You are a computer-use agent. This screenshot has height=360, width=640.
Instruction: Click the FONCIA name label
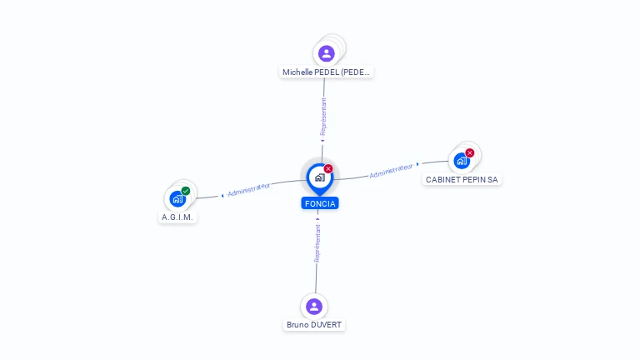coord(320,203)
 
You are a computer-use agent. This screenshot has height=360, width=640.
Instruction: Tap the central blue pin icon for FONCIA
coord(318,177)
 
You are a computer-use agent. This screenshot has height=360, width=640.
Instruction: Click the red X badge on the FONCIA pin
coord(328,168)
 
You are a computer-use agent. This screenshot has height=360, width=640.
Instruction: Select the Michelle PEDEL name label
coord(327,72)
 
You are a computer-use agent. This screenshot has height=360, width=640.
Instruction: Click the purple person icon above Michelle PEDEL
coord(327,53)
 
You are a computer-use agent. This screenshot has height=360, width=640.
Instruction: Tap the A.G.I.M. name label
coord(177,217)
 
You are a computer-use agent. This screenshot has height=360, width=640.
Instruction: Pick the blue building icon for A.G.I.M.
coord(177,198)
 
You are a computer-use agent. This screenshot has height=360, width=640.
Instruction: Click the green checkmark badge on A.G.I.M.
coord(186,191)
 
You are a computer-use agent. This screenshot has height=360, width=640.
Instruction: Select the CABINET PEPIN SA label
coord(462,179)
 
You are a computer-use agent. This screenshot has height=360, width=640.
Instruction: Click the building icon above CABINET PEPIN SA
coord(461,160)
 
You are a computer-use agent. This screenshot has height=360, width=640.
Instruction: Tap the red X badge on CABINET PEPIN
coord(470,152)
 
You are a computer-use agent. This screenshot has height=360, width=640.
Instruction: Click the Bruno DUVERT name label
coord(314,325)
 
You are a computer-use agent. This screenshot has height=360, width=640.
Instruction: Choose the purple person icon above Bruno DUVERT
coord(314,306)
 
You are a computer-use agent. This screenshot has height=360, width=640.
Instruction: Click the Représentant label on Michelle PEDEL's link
coord(323,117)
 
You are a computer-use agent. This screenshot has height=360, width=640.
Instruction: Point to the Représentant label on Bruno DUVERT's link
coord(317,242)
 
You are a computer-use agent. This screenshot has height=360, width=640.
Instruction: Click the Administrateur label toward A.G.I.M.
coord(248,190)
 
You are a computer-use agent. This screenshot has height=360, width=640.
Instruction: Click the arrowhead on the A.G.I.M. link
coord(222,196)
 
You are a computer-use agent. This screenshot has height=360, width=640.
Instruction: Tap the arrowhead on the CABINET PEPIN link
coord(417,165)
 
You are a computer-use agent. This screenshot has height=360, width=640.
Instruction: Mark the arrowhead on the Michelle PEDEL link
coord(322,141)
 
